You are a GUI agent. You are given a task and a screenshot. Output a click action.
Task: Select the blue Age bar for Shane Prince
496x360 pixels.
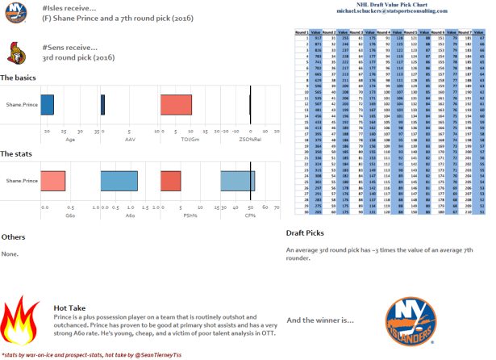coord(47,104)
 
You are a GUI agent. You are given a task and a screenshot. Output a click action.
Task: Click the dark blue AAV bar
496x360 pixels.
coord(102,104)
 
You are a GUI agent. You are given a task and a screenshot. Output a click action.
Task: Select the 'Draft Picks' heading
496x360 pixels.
coord(306,233)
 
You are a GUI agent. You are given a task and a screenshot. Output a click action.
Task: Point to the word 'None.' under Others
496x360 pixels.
coord(10,253)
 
